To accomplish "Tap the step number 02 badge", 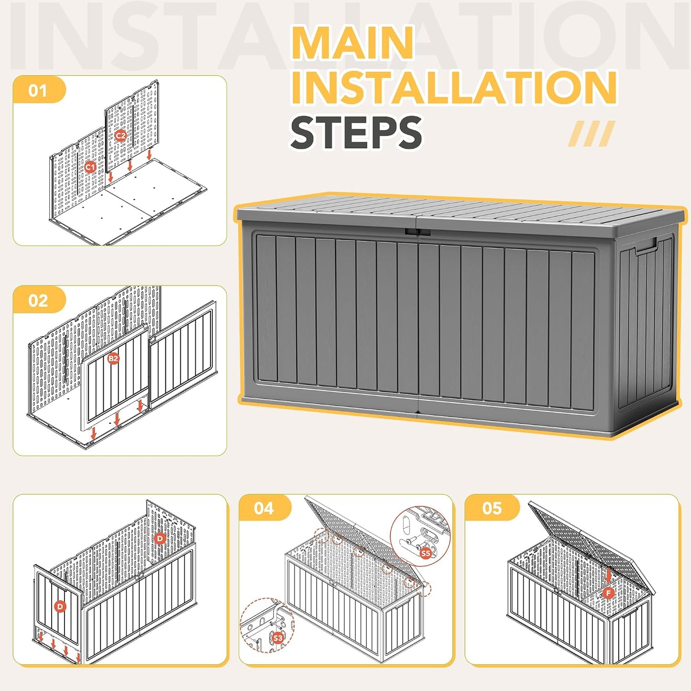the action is click(39, 300).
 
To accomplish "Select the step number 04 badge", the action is click(264, 508).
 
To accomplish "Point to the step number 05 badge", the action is click(492, 508).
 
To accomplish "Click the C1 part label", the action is click(89, 167).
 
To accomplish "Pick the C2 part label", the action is click(121, 136).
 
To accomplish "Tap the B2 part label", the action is click(113, 358).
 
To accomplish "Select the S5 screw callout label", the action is click(425, 553).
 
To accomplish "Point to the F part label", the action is click(608, 593).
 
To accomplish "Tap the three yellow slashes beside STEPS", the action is click(591, 133).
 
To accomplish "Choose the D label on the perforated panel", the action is click(160, 538).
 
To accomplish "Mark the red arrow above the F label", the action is click(608, 575).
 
